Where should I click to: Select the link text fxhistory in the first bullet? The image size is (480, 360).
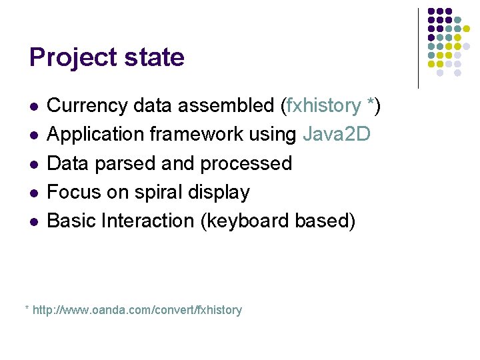tap(323, 105)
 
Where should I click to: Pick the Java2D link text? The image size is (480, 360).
tap(336, 134)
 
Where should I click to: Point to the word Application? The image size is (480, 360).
tap(95, 134)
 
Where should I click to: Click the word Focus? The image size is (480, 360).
tap(73, 192)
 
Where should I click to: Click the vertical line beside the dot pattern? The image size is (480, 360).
tap(418, 48)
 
